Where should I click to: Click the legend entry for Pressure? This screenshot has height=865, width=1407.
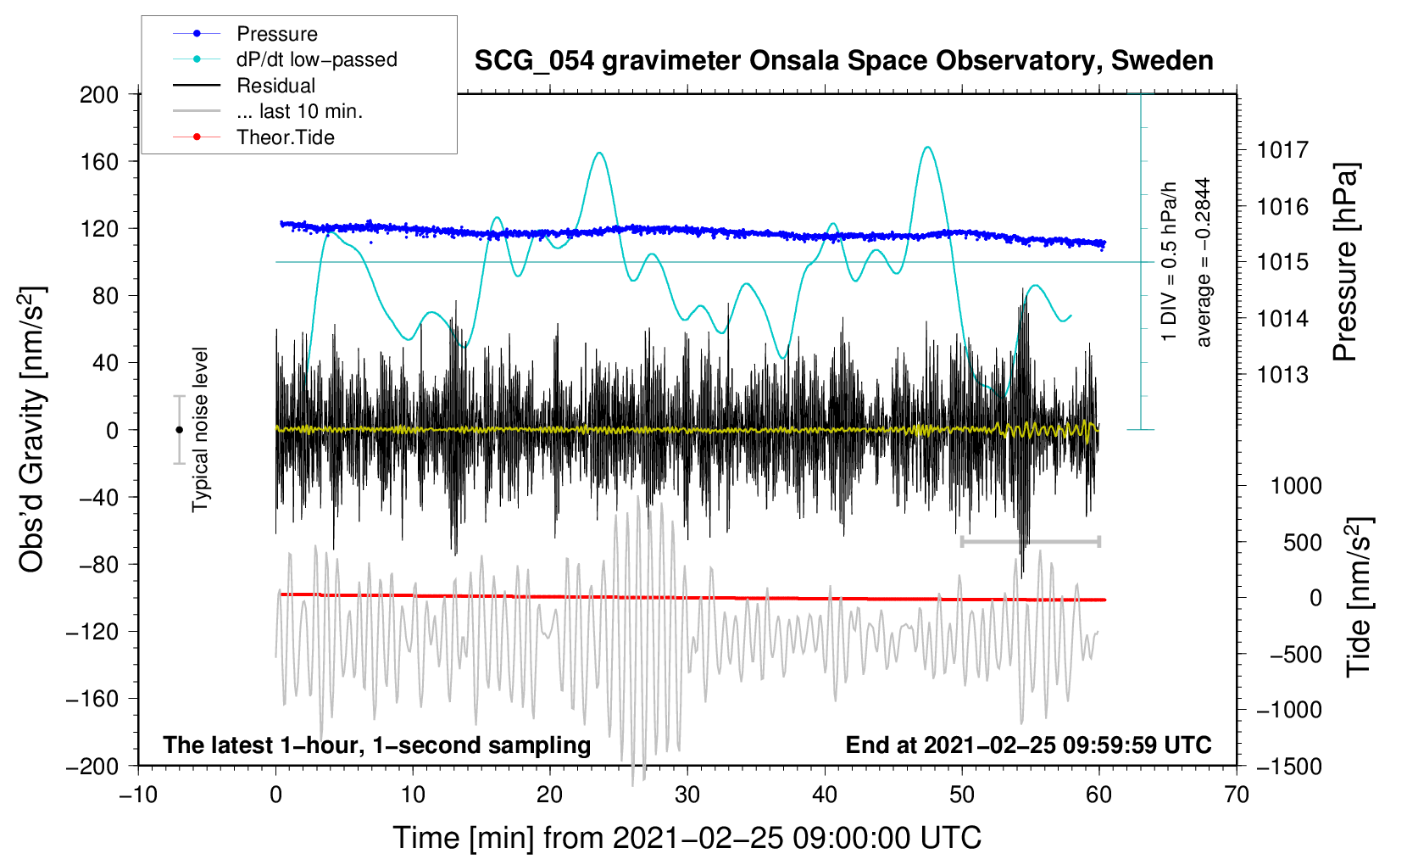276,34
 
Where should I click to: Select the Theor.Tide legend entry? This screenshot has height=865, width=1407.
285,137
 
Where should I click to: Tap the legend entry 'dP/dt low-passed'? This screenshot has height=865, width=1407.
316,59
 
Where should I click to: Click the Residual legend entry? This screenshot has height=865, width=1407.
275,86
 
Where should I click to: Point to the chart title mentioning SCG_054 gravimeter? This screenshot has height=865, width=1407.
843,61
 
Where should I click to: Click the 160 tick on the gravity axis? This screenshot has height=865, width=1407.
99,161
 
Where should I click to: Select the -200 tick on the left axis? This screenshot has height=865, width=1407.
92,766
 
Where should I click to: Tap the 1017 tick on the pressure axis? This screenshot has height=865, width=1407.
1282,150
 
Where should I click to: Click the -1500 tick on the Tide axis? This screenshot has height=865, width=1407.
1289,766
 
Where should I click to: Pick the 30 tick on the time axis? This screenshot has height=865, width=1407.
687,795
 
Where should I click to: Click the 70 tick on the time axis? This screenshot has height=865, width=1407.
1237,795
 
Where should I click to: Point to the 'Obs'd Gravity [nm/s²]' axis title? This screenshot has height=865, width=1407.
32,430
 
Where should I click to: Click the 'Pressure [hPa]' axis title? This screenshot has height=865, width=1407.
1345,262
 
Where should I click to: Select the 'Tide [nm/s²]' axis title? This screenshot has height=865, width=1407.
1359,597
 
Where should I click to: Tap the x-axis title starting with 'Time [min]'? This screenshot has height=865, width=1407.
687,838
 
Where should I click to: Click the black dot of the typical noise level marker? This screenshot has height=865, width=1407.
179,430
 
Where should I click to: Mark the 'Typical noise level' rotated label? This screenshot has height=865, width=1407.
200,429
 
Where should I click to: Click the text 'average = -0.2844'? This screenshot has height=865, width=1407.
1204,262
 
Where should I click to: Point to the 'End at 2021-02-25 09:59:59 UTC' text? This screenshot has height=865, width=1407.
1028,745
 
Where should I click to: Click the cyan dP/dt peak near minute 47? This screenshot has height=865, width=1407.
928,148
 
